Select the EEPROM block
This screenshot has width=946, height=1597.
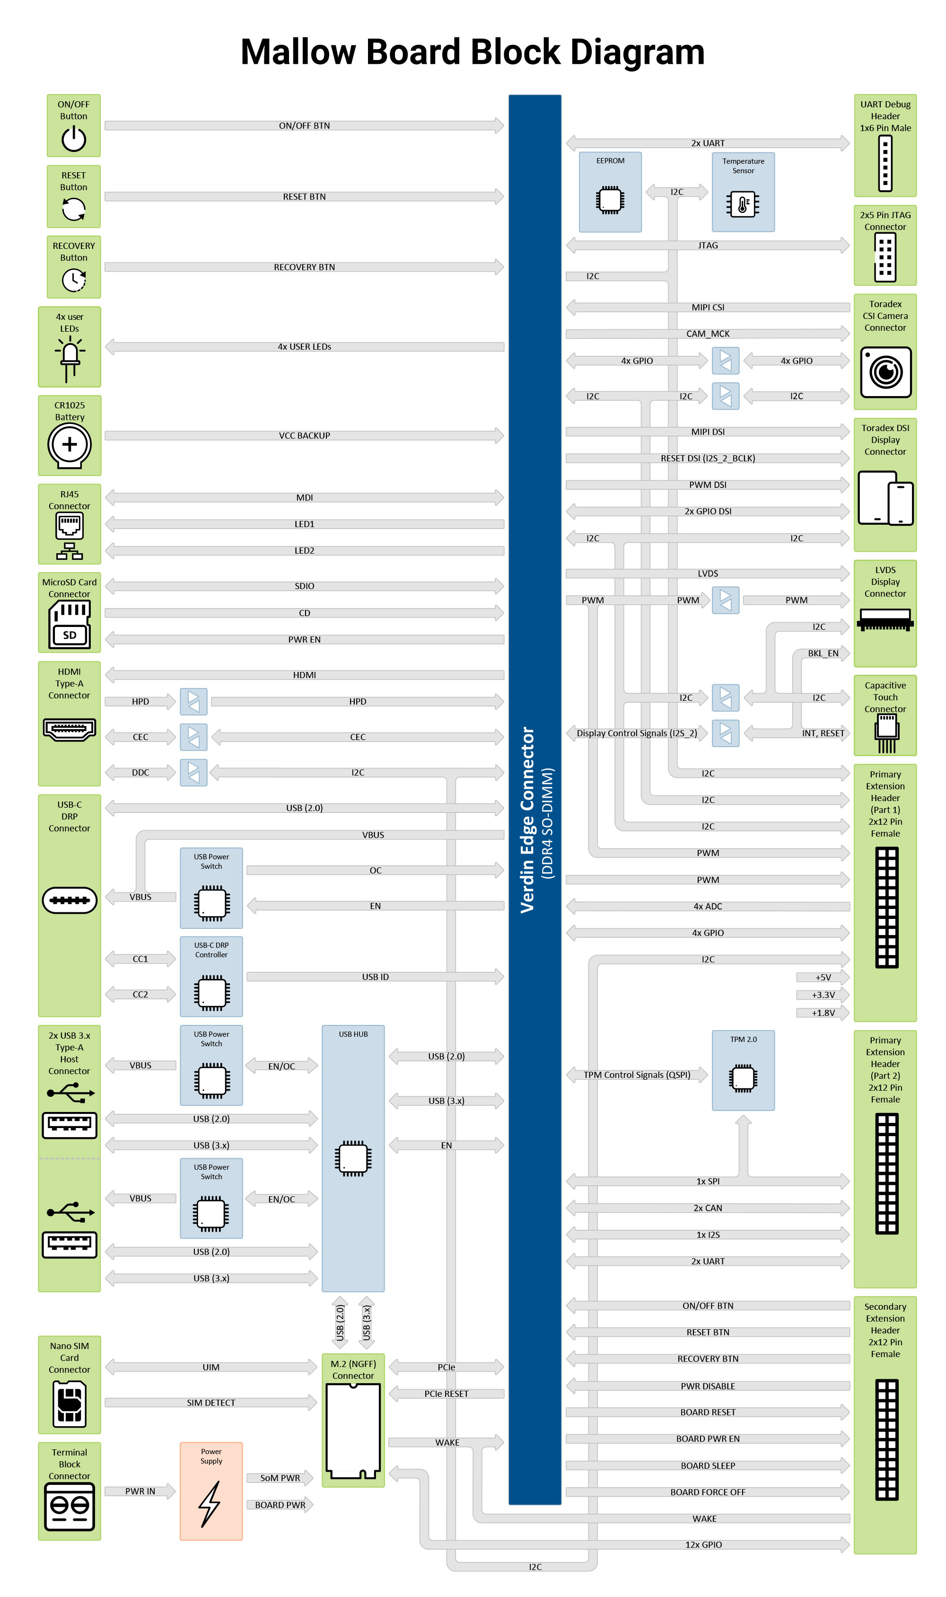(x=610, y=191)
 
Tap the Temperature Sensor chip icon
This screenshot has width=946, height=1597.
(x=743, y=204)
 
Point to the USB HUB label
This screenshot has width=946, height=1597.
(x=353, y=1034)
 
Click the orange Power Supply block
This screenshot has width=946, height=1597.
(x=211, y=1491)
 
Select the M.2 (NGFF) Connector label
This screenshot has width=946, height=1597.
(x=353, y=1369)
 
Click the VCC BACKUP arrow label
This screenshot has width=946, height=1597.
(x=304, y=435)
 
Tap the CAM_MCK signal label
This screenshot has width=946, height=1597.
(x=708, y=334)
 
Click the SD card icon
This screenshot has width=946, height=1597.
(x=70, y=625)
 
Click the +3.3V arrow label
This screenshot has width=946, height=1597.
(x=823, y=995)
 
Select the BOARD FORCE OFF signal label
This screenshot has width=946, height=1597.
(x=708, y=1492)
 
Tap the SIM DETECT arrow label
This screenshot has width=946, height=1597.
(x=211, y=1403)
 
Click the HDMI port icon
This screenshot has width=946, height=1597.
(x=70, y=728)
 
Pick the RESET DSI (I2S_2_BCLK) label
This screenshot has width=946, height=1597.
(x=708, y=459)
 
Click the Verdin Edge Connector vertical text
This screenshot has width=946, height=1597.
(x=527, y=819)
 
